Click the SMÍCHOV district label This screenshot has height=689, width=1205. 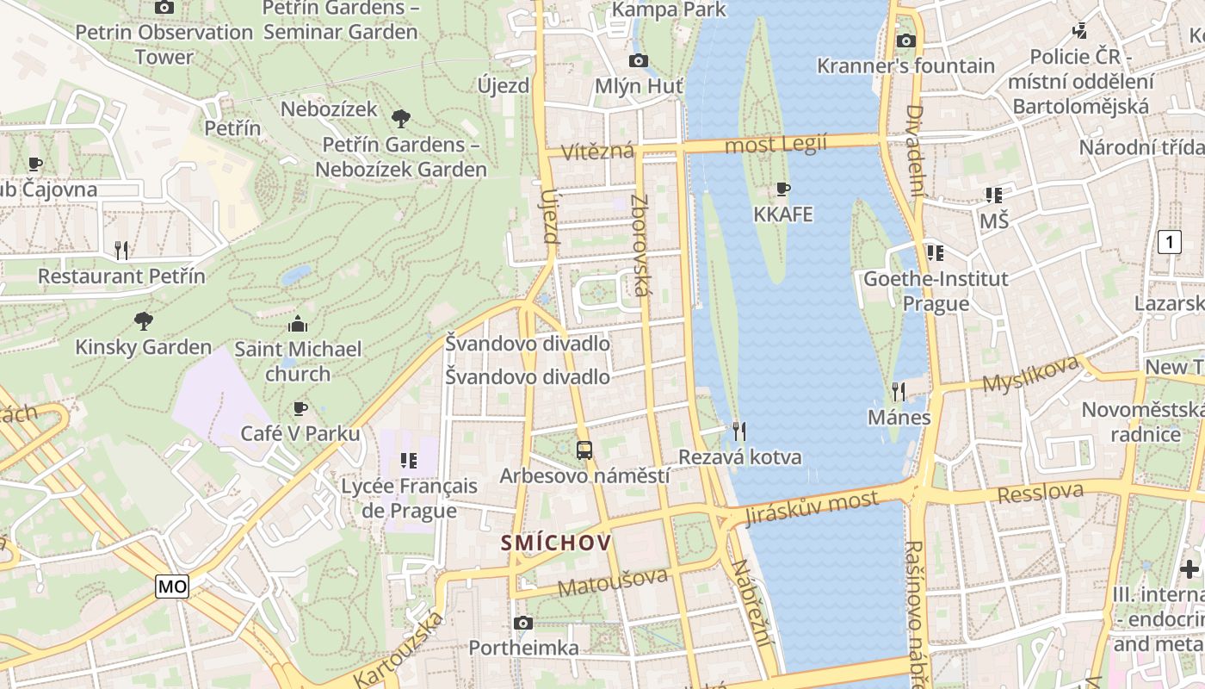click(x=556, y=543)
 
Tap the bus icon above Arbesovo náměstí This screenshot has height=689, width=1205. click(x=584, y=449)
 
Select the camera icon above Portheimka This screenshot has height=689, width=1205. click(x=522, y=623)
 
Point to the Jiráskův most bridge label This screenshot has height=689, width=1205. click(x=812, y=507)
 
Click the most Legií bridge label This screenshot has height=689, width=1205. click(x=776, y=144)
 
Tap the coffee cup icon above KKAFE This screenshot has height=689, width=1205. click(x=782, y=189)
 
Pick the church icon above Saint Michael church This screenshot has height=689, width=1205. click(x=298, y=324)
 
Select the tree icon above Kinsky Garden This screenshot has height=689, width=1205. click(x=144, y=321)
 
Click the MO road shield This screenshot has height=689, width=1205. click(x=172, y=587)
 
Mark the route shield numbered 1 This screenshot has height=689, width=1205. click(x=1169, y=242)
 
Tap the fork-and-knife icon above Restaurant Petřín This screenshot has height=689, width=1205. click(x=121, y=251)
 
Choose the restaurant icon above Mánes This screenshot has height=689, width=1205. click(x=899, y=392)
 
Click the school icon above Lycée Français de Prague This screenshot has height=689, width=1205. click(x=408, y=461)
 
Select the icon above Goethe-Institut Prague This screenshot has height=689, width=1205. click(x=935, y=253)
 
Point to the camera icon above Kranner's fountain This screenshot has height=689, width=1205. click(x=905, y=40)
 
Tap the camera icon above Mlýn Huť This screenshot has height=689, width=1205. click(x=638, y=60)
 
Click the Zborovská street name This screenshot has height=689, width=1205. click(x=640, y=245)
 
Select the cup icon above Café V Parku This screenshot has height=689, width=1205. click(x=300, y=407)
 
